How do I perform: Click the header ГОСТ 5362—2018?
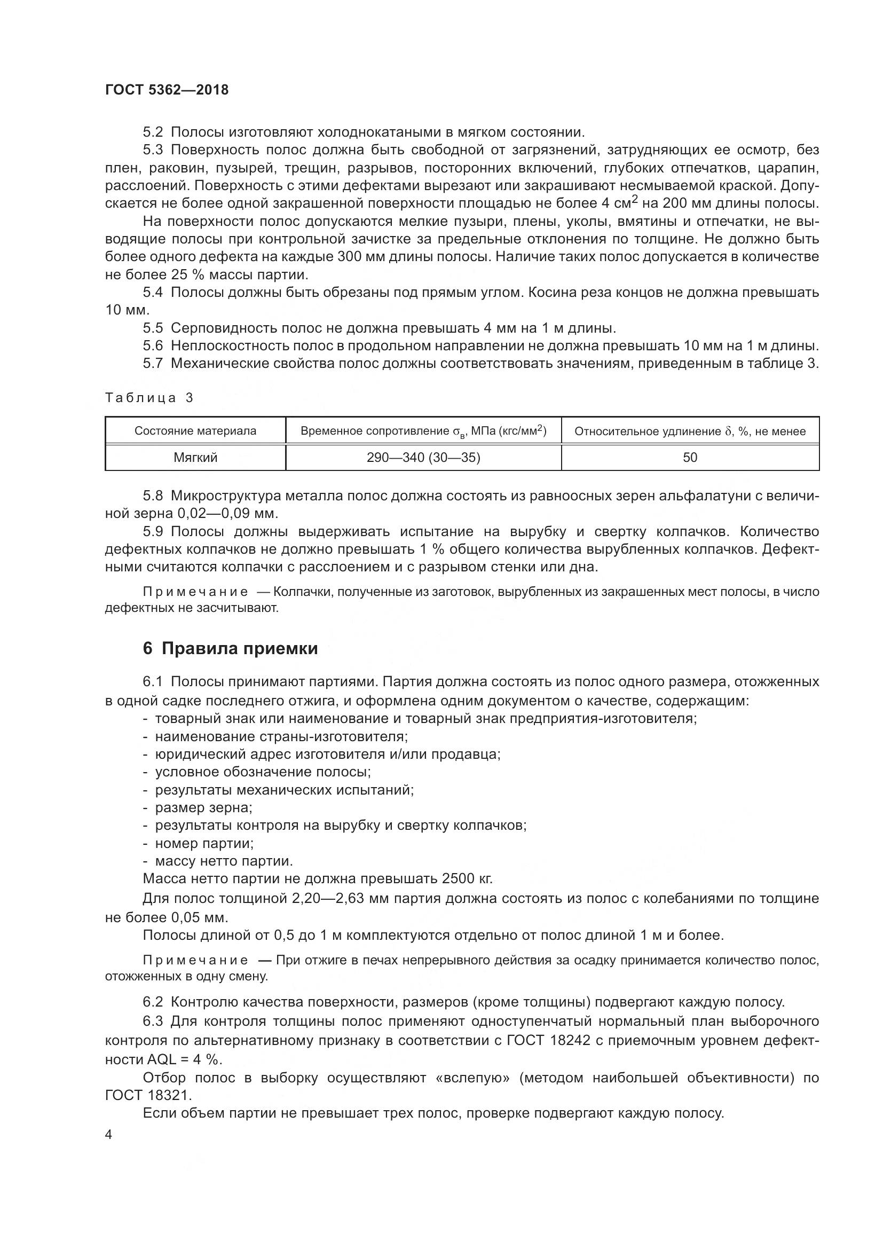(x=167, y=90)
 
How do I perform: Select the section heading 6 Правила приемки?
(x=230, y=648)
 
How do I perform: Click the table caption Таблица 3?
(x=149, y=398)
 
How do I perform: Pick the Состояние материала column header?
(x=195, y=431)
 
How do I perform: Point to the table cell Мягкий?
(x=195, y=458)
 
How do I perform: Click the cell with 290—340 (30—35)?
(x=423, y=458)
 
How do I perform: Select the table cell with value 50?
(x=689, y=458)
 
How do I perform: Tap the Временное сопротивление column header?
(x=423, y=431)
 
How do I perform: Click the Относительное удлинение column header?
(x=689, y=431)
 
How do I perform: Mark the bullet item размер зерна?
(x=203, y=808)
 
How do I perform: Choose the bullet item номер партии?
(x=204, y=843)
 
